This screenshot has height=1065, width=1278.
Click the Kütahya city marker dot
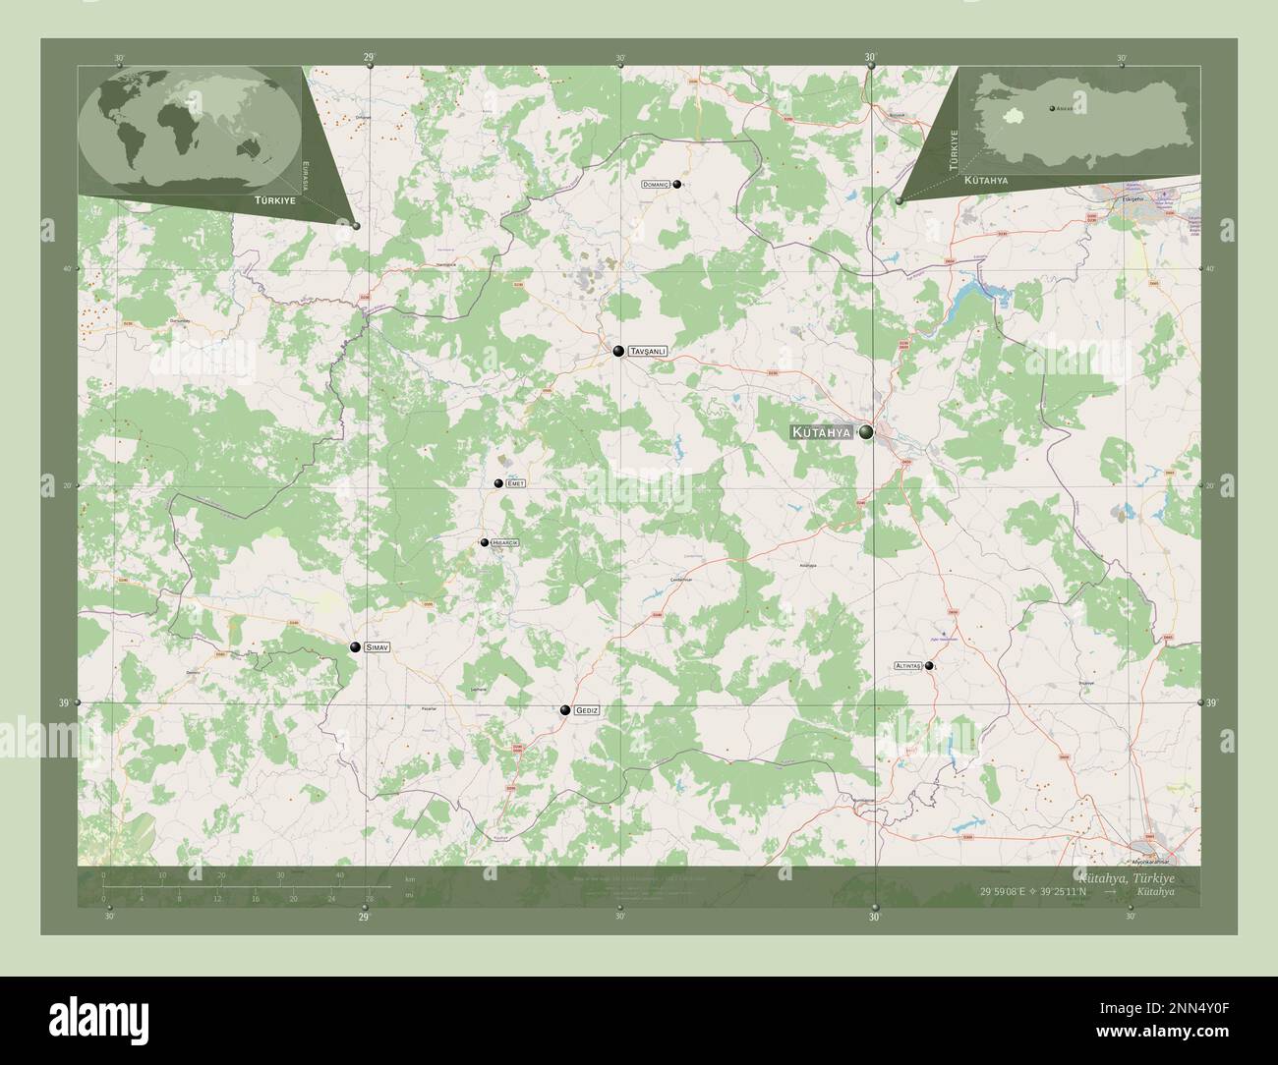(x=866, y=432)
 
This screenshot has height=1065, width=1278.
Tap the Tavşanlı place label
(x=649, y=351)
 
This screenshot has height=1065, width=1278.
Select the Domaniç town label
(x=655, y=184)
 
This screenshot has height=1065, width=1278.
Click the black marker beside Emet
(x=499, y=483)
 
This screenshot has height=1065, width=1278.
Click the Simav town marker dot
(x=355, y=647)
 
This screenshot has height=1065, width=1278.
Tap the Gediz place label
(x=587, y=710)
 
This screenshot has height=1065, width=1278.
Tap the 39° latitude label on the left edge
(x=64, y=702)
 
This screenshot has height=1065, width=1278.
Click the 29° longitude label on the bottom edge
(x=364, y=917)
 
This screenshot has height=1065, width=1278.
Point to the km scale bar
(x=246, y=886)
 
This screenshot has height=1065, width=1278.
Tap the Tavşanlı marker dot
(x=618, y=351)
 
